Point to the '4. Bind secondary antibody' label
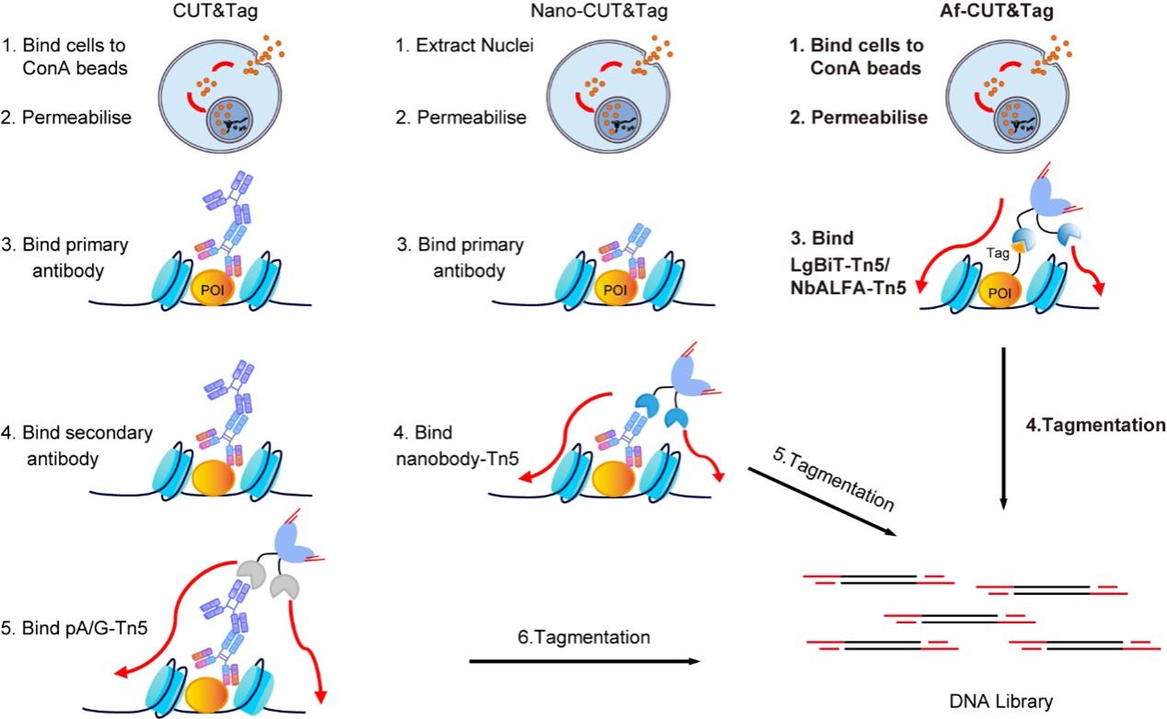(x=69, y=445)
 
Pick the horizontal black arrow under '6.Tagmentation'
(x=581, y=661)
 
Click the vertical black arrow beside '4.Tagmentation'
(x=1002, y=427)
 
